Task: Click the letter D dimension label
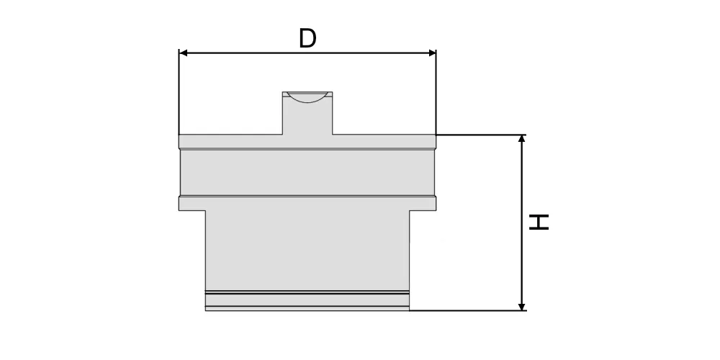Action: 307,38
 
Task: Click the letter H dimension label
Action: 539,222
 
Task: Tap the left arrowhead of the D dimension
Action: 183,53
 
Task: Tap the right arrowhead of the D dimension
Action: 431,53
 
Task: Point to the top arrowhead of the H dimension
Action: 521,139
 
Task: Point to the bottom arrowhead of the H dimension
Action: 521,306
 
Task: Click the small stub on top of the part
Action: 307,114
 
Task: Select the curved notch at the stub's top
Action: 307,97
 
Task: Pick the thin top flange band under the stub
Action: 307,142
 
